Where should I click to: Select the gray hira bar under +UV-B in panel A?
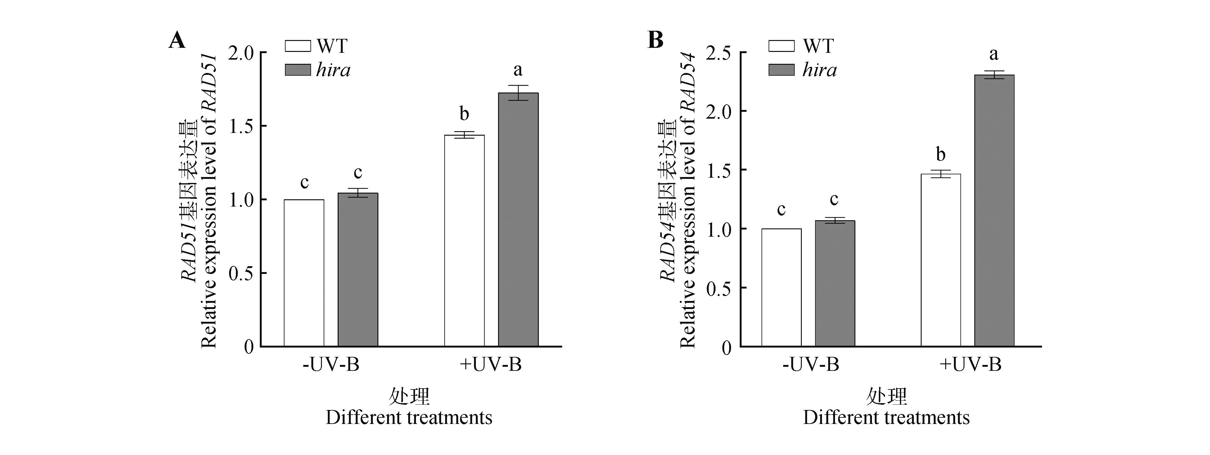[518, 220]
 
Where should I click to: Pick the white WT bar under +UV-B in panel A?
[464, 241]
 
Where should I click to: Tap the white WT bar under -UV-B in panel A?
[304, 273]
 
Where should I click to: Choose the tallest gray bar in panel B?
[994, 211]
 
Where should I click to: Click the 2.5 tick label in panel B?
[719, 53]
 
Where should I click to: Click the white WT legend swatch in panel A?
[298, 46]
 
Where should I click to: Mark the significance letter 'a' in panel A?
[518, 70]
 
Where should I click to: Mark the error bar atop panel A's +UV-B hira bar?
[518, 93]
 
